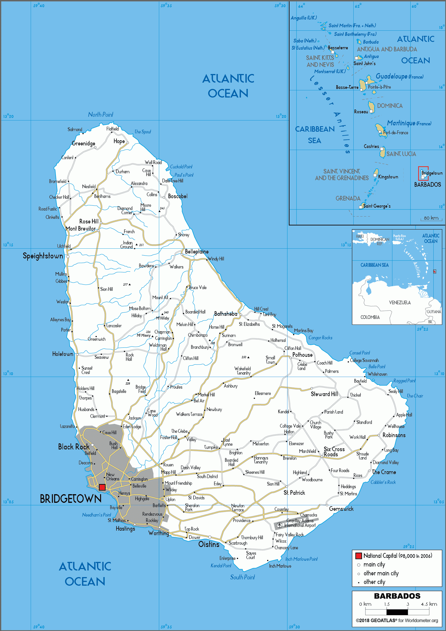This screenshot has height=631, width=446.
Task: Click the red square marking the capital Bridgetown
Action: [x=102, y=487]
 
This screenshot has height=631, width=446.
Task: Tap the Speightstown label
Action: [x=43, y=256]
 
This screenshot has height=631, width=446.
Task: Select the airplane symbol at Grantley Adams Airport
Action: [x=279, y=525]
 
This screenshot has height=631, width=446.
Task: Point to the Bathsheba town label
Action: [x=226, y=314]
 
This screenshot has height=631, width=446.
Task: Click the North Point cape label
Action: [x=100, y=115]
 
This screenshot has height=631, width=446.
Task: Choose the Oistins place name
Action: [x=209, y=544]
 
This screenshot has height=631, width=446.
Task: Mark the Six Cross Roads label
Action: [x=334, y=452]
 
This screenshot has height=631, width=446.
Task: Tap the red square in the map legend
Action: [x=359, y=556]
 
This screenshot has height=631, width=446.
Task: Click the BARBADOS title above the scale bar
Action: [x=397, y=596]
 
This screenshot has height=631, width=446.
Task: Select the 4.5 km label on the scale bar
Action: [x=429, y=604]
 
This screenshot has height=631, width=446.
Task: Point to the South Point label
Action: [x=242, y=577]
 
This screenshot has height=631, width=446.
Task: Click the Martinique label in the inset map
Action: [x=401, y=123]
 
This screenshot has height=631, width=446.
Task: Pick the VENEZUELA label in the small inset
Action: [x=400, y=303]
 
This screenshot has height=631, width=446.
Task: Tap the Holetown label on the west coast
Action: [x=63, y=354]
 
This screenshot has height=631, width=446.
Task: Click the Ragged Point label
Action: [x=404, y=381]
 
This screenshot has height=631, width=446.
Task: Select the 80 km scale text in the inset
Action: [x=431, y=218]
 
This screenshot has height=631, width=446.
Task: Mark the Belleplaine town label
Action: [x=197, y=252]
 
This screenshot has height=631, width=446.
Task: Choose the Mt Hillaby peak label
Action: [x=162, y=318]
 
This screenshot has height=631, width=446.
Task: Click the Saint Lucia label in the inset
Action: [x=401, y=154]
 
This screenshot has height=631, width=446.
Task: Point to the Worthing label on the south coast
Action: [x=159, y=533]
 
